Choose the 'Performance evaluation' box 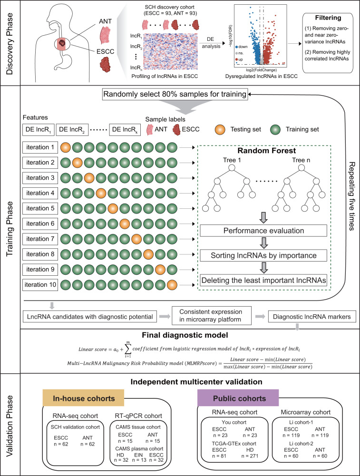click(x=263, y=231)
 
